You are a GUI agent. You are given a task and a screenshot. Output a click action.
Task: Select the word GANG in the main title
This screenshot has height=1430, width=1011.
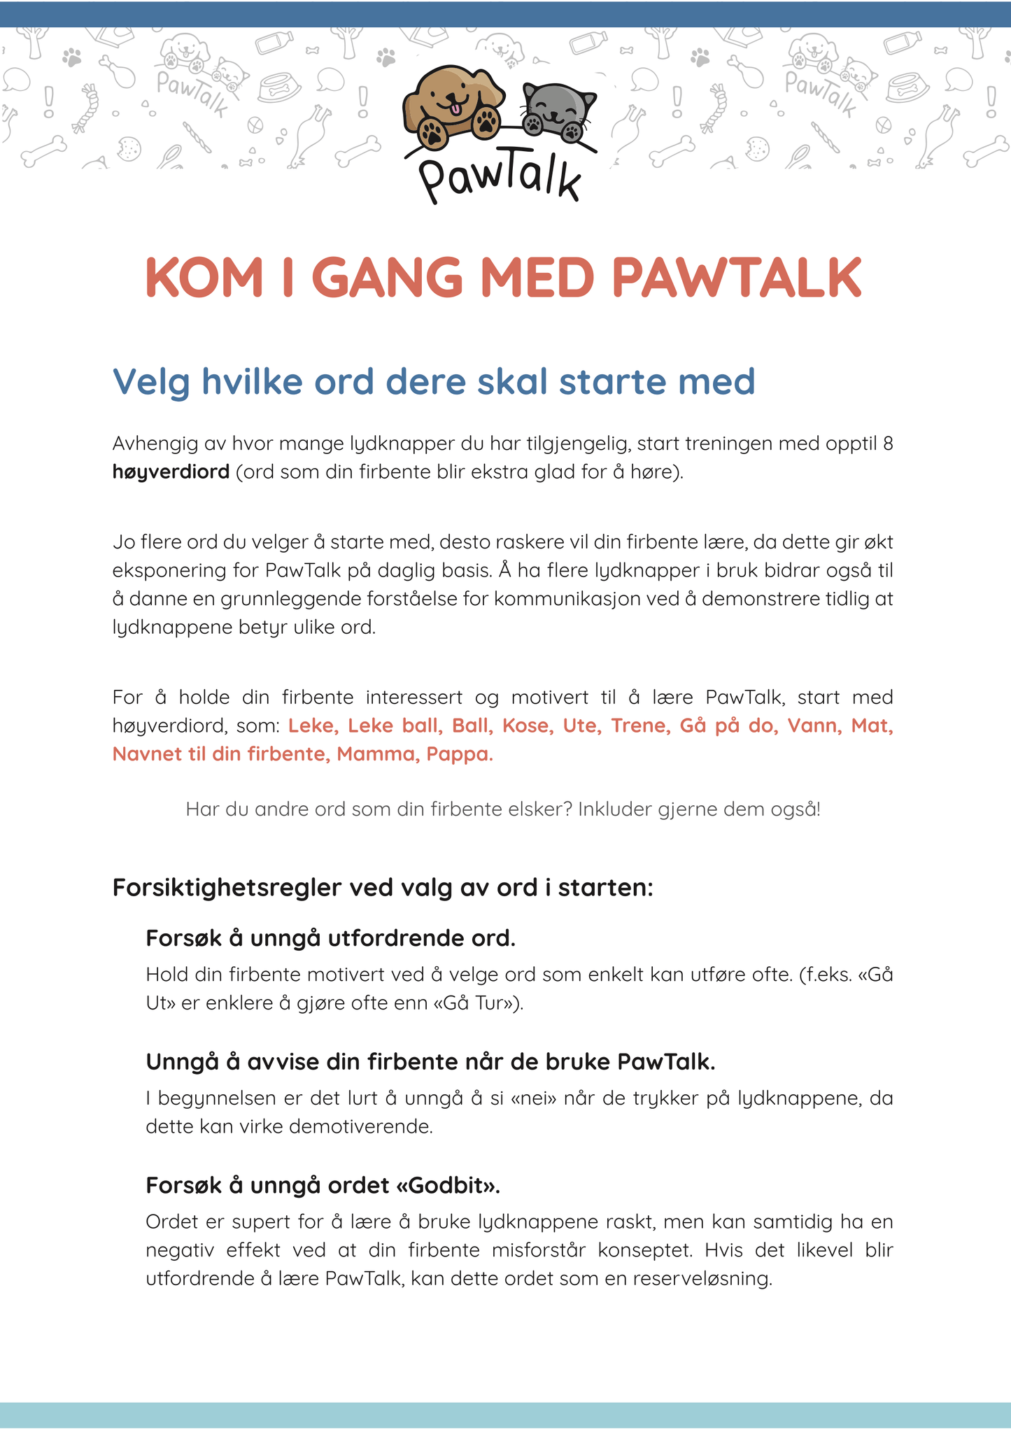click(387, 278)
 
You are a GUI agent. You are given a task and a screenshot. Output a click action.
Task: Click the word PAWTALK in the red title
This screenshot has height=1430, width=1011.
click(737, 278)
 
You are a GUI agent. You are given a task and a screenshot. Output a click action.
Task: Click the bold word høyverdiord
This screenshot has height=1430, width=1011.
click(171, 472)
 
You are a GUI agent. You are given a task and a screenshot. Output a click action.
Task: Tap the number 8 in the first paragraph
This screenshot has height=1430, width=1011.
click(888, 444)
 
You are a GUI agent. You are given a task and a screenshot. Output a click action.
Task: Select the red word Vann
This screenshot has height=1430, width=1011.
click(813, 725)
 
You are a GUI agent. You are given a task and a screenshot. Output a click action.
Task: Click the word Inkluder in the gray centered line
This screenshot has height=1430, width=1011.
click(614, 809)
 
